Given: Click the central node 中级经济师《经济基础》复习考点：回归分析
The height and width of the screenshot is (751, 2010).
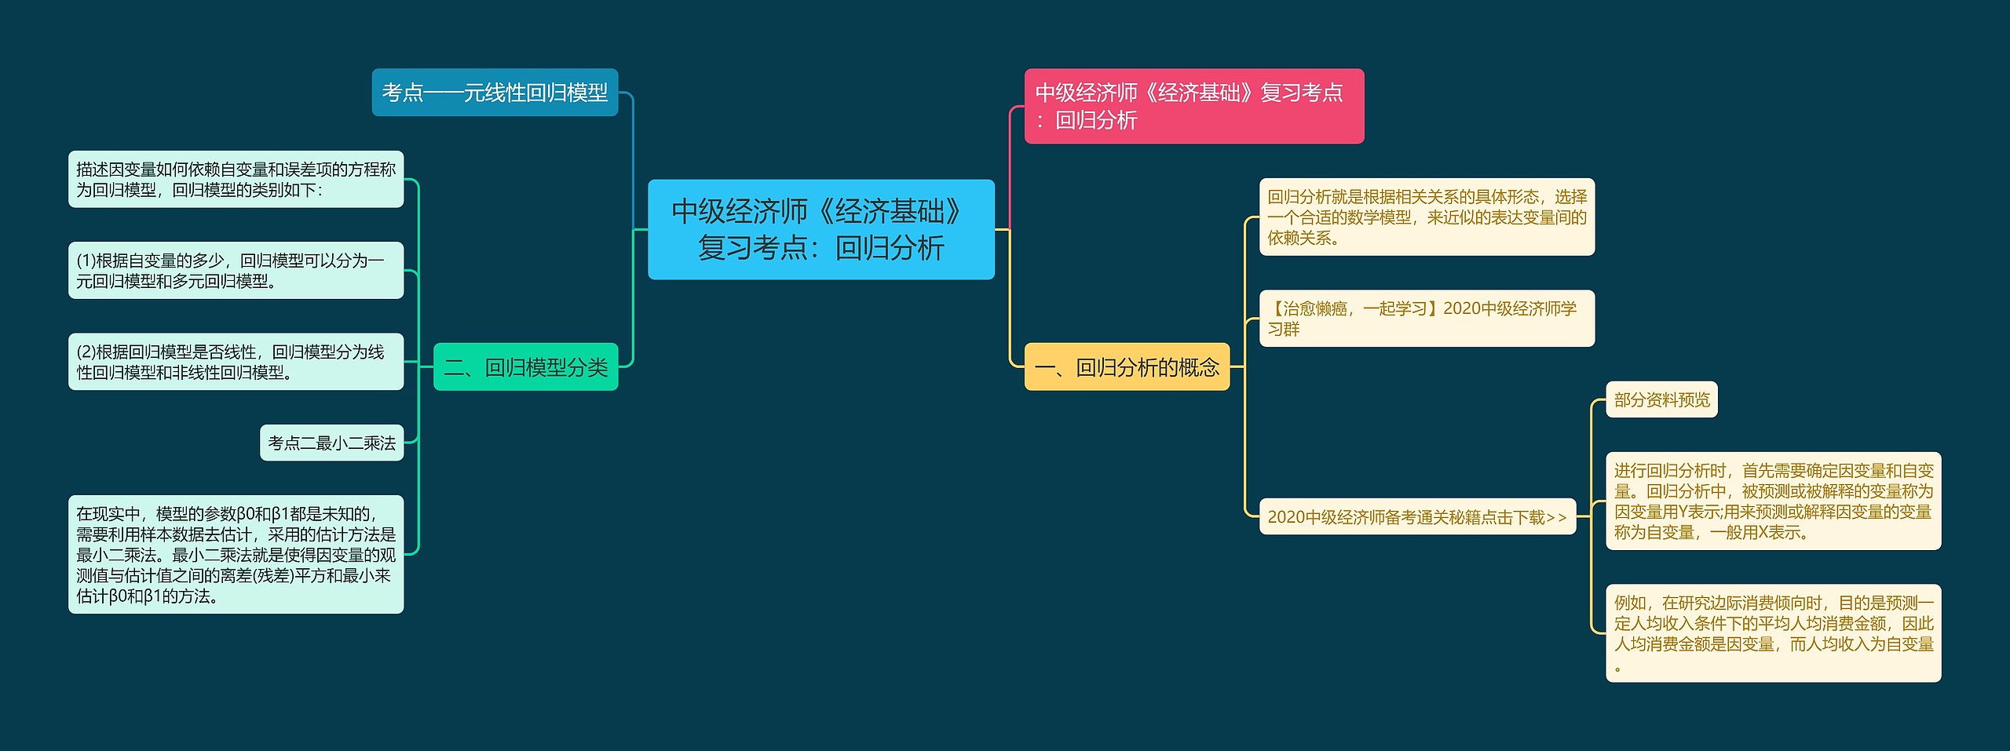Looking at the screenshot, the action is (820, 229).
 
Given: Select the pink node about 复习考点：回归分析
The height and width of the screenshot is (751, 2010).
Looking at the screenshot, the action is (1193, 106).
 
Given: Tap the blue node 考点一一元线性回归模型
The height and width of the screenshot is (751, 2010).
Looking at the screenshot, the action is (495, 93).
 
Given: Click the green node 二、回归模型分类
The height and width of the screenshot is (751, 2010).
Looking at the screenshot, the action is (525, 366).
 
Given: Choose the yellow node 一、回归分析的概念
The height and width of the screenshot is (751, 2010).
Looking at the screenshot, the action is (1127, 366).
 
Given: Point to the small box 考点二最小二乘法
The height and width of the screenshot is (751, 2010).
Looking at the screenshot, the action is (331, 443).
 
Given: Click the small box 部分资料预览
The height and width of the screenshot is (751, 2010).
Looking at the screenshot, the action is (1661, 399).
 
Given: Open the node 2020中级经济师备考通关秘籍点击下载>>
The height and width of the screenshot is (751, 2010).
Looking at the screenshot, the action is (1417, 516).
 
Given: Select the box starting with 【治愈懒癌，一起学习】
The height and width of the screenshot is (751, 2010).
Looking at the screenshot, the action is (1427, 319).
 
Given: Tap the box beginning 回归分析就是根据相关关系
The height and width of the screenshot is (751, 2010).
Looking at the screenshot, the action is (1427, 217).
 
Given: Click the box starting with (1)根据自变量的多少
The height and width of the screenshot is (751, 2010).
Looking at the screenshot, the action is (236, 270).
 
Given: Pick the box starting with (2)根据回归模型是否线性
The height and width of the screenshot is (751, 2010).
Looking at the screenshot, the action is (236, 362).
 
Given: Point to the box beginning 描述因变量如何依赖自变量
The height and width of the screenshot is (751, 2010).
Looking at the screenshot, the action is (236, 179).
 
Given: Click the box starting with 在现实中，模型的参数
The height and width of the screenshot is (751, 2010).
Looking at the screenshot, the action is (236, 554).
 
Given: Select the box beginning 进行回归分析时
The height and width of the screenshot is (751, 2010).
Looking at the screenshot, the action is (1773, 501).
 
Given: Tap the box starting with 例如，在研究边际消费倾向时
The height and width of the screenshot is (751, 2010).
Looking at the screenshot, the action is (1773, 633).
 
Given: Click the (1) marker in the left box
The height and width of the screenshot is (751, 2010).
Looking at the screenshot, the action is (86, 261).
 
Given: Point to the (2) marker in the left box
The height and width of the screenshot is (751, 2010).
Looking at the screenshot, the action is (86, 352).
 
